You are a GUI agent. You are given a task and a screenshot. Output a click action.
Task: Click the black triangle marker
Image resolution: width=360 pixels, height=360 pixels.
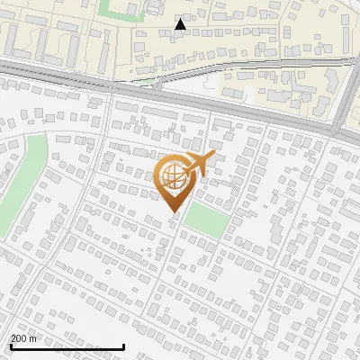click(x=181, y=24)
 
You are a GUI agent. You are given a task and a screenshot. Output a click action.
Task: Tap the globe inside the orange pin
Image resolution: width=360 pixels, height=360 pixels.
click(x=171, y=175)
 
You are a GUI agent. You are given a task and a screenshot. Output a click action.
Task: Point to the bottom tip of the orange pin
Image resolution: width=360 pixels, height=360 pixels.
click(x=172, y=211)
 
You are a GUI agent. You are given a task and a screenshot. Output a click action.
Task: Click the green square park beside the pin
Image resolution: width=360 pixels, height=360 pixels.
click(x=206, y=219)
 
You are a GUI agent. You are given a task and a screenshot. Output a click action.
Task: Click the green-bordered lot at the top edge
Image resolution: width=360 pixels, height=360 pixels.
click(x=118, y=10)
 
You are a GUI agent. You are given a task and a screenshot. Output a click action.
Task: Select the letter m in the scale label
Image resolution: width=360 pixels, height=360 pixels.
click(x=34, y=338)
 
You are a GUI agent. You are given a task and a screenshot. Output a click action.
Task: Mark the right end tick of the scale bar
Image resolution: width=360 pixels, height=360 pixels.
click(x=123, y=346)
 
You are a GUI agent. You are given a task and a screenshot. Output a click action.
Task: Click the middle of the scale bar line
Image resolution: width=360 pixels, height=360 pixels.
click(x=66, y=347)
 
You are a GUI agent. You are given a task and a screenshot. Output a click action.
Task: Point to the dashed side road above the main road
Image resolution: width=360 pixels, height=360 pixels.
click(x=234, y=65)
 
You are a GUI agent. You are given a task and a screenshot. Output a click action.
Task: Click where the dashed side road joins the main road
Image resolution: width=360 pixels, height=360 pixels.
click(x=157, y=86)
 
